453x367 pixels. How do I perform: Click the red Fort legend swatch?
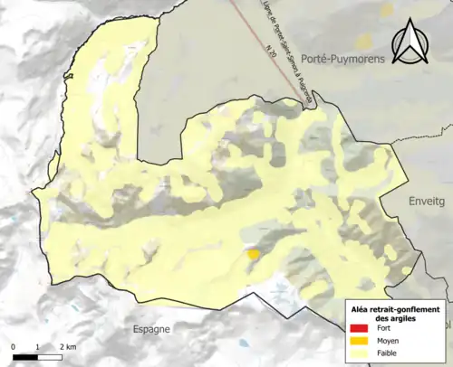pyautogui.click(x=361, y=327)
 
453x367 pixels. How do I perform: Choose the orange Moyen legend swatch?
pyautogui.click(x=361, y=340)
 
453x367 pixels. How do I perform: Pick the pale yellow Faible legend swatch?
pyautogui.click(x=361, y=353)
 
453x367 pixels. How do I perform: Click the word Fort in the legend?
pyautogui.click(x=384, y=327)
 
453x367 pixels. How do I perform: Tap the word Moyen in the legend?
pyautogui.click(x=388, y=340)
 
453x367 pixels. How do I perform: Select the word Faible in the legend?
pyautogui.click(x=387, y=353)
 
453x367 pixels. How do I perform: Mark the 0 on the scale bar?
pyautogui.click(x=14, y=347)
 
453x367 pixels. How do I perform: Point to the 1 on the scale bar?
pyautogui.click(x=37, y=347)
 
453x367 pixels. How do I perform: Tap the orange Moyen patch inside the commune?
pyautogui.click(x=255, y=256)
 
